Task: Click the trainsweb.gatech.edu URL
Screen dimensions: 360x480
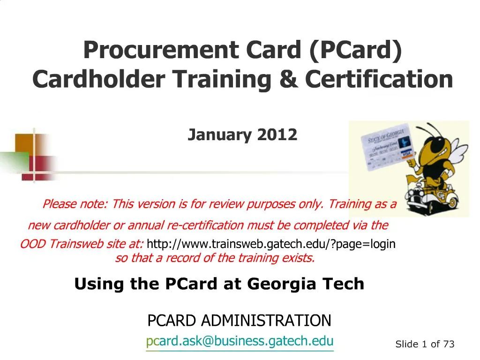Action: point(271,244)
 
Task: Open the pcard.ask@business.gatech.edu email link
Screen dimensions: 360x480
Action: point(240,341)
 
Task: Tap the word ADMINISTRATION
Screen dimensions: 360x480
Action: point(266,321)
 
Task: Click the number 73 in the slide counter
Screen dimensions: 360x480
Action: point(449,344)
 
